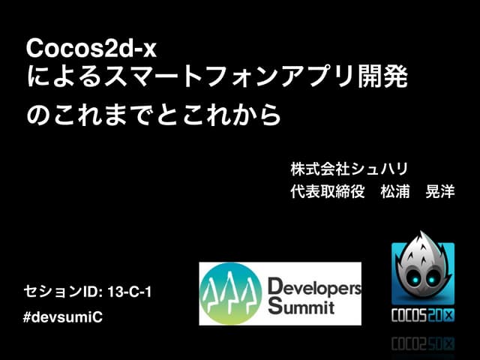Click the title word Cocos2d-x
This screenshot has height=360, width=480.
point(91,49)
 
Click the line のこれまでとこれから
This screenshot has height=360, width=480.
point(154,115)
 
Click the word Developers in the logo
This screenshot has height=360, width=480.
point(314,286)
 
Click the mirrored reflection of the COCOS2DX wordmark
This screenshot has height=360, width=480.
point(423,344)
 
